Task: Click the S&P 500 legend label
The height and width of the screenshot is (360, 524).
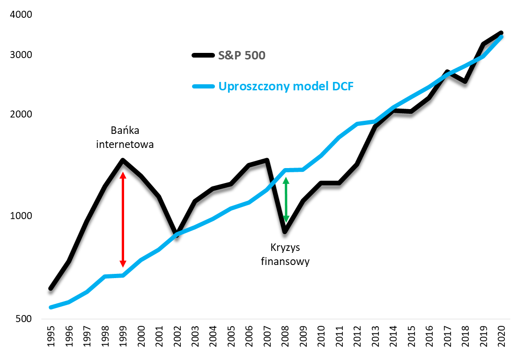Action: coord(242,56)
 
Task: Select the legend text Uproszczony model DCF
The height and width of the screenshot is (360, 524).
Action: coord(286,87)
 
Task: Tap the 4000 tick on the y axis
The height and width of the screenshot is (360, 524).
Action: coord(20,15)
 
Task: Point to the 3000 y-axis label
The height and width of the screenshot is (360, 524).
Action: coord(20,55)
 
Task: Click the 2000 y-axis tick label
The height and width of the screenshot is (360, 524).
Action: coord(20,115)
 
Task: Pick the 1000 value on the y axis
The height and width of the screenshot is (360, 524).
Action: coord(20,216)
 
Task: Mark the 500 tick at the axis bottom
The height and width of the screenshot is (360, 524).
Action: coord(22,319)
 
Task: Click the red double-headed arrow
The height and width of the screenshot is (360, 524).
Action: coord(123,219)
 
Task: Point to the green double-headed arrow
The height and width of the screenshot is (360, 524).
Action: coord(286,200)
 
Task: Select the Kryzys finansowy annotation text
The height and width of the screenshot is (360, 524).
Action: coord(285,254)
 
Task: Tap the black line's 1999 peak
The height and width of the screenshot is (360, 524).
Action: coord(123,161)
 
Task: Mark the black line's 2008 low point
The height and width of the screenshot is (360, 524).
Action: coord(285,232)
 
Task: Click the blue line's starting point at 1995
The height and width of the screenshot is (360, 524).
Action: coord(51,307)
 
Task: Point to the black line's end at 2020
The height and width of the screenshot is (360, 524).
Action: coord(501,32)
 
